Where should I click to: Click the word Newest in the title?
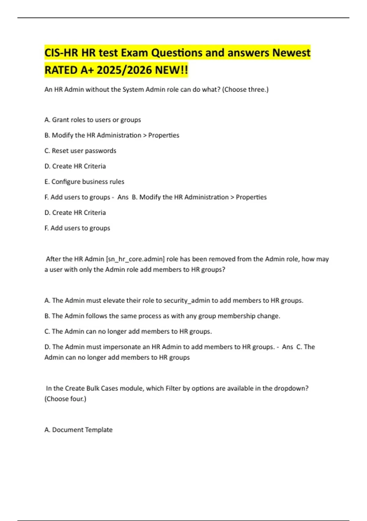(x=291, y=53)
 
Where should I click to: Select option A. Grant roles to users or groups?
(x=93, y=120)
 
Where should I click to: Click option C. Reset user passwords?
(x=80, y=151)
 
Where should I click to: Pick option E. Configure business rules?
(x=84, y=182)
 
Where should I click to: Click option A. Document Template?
(x=79, y=430)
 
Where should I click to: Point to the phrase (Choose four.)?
(x=65, y=399)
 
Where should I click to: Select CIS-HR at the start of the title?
(x=61, y=53)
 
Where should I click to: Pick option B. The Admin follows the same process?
(x=162, y=316)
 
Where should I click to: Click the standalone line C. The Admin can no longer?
(x=128, y=331)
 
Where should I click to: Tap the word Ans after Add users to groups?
(x=123, y=197)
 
